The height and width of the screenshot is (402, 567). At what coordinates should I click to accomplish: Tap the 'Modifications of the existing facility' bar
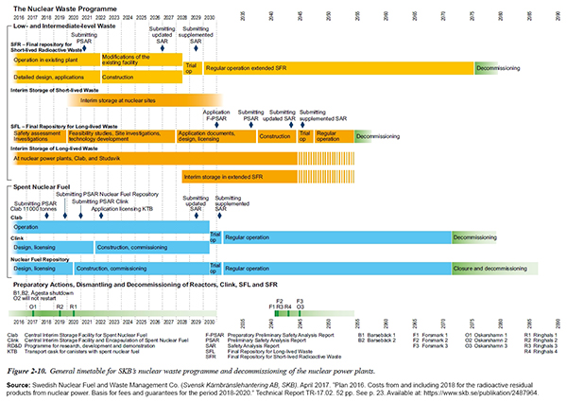click(x=138, y=59)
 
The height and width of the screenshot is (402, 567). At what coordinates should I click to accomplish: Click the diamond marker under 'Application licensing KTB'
click(x=113, y=213)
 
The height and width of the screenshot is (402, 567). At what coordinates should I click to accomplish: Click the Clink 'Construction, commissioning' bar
click(x=151, y=248)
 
